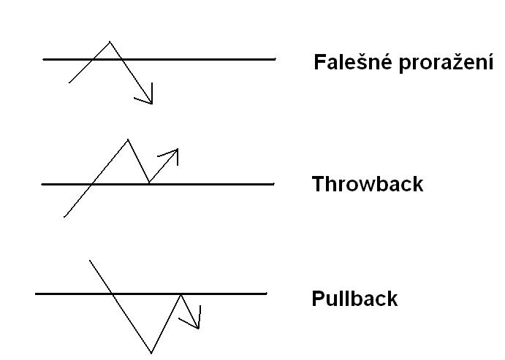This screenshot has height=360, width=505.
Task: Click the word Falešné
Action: (x=353, y=62)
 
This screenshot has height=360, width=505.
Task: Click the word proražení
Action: (x=446, y=63)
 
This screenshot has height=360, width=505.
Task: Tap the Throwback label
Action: (x=368, y=184)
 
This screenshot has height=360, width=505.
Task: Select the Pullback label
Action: (x=354, y=298)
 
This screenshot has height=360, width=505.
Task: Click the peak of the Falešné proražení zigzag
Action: (x=110, y=42)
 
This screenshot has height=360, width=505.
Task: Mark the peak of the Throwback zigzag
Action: (x=128, y=139)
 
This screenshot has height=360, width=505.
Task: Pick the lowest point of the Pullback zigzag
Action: (x=151, y=353)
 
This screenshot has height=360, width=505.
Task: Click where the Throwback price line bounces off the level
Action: (x=149, y=183)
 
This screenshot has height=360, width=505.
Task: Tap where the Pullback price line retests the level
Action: (x=181, y=294)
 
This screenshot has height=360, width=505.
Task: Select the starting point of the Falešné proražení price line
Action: (x=69, y=83)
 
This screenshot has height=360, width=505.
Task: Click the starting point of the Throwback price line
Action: (x=64, y=217)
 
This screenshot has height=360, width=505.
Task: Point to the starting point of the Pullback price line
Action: (x=90, y=261)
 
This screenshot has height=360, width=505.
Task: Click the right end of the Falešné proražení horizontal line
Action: (x=276, y=59)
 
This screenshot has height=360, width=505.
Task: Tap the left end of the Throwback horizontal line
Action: (x=42, y=184)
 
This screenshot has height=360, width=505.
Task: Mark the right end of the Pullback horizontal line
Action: (x=267, y=294)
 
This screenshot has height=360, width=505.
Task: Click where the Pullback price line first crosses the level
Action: (x=111, y=294)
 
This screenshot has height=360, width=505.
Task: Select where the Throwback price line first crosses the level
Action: (x=92, y=184)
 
